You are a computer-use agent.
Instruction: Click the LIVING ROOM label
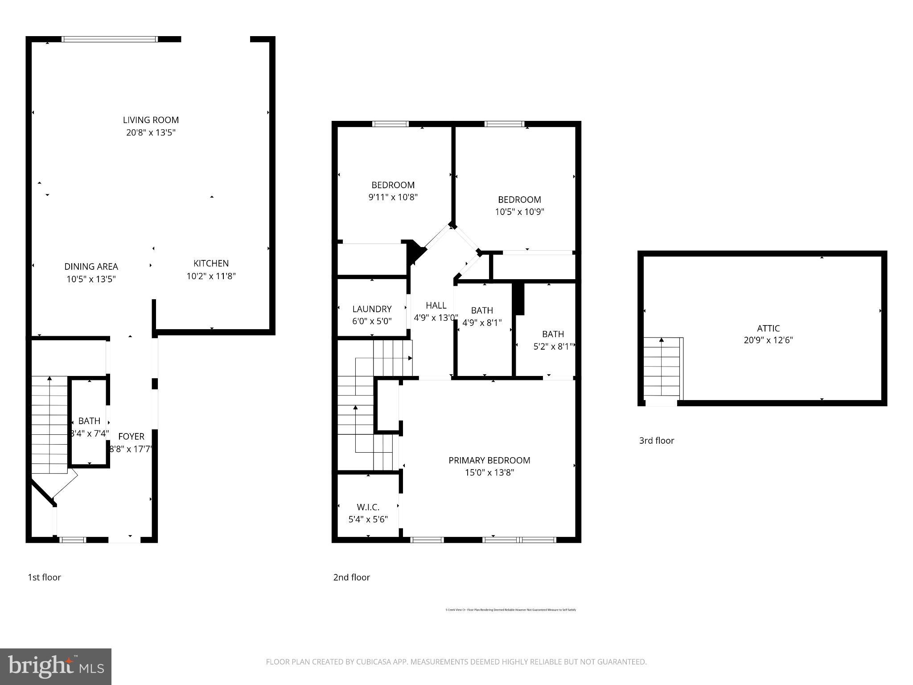coord(151,120)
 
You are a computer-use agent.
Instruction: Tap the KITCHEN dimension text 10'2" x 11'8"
coord(211,276)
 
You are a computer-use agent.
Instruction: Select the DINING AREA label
coord(91,267)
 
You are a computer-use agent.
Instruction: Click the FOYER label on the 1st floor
coord(131,437)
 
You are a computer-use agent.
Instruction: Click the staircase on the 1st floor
coord(49,424)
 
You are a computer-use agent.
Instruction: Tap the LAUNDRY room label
coord(372,309)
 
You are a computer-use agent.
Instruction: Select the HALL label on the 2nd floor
coord(436,305)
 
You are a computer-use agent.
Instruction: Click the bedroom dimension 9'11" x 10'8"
coord(393,197)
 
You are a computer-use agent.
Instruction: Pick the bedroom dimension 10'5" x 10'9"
coord(519,212)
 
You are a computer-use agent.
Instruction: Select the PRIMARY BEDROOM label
coord(489,460)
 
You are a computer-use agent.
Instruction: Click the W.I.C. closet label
coord(368,507)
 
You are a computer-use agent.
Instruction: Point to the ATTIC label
coord(768,328)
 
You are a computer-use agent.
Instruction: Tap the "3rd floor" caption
coord(656,441)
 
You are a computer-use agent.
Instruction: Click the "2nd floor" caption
coord(351,577)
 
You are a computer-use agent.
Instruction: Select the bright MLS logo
coord(56,666)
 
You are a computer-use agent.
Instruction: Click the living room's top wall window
coord(110,39)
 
